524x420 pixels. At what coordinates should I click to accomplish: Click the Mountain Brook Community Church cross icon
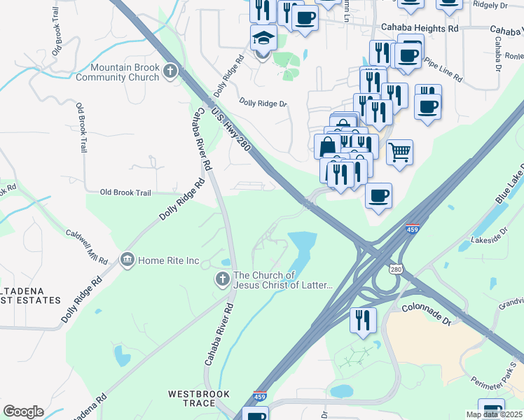(x=170, y=71)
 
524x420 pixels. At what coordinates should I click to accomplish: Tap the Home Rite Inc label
(x=168, y=261)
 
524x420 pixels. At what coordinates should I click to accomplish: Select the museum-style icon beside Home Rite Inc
(x=127, y=260)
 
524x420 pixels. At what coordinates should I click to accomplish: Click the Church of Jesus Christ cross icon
(x=222, y=280)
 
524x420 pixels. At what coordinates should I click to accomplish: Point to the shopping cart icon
(x=399, y=151)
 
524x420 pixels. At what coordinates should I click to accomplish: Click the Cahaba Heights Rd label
(x=419, y=29)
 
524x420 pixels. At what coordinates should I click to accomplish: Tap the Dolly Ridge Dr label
(x=263, y=104)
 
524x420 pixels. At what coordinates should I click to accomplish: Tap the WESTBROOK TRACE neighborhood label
(x=199, y=400)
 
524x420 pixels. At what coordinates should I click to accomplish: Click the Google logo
(x=23, y=412)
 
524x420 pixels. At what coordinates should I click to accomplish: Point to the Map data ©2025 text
(x=494, y=414)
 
